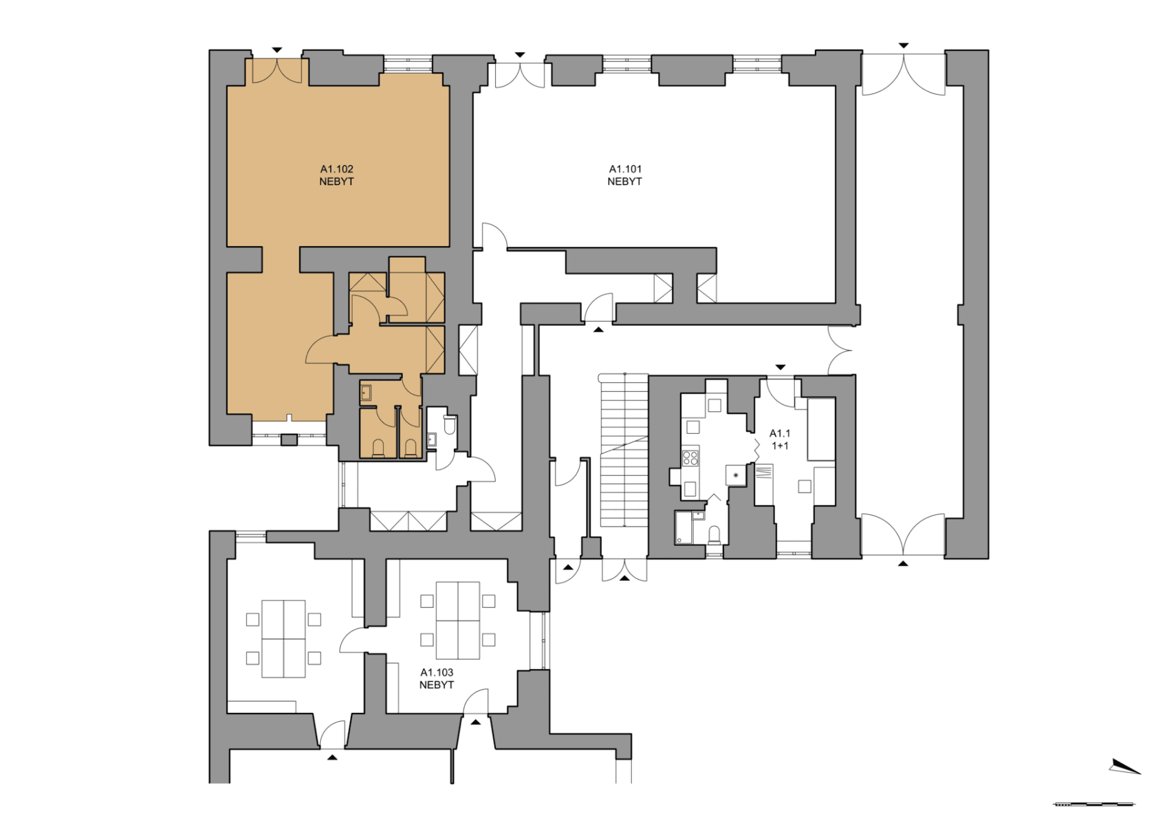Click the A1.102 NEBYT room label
click(336, 175)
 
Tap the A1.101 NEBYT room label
click(624, 175)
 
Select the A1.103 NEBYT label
click(437, 679)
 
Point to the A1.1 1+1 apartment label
click(779, 439)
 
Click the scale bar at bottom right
click(1093, 804)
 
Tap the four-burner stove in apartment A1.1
click(690, 458)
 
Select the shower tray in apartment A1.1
click(683, 527)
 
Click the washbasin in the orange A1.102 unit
click(366, 393)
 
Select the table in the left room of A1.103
click(283, 639)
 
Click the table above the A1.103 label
click(458, 620)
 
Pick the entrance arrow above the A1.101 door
click(520, 55)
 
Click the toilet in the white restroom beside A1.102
click(450, 426)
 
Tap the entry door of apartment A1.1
click(781, 392)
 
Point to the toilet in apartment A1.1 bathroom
click(714, 534)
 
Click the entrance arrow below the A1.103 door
click(475, 722)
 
